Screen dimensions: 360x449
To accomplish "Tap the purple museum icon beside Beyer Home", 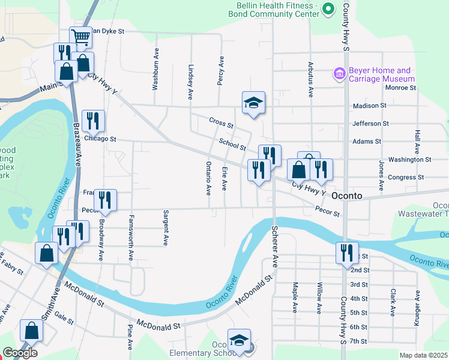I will click(339, 74).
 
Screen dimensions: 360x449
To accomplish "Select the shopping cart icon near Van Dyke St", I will click(80, 37).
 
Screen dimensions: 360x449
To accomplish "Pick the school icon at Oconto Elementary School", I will click(239, 340).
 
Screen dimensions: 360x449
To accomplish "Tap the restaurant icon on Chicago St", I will click(93, 121).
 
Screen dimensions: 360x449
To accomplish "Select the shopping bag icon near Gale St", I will click(31, 330).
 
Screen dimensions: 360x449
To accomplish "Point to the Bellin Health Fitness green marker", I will click(328, 8).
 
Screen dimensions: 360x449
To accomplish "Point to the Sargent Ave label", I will click(165, 228).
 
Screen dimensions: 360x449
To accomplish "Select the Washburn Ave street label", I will click(155, 69).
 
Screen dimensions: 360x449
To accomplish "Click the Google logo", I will click(20, 353).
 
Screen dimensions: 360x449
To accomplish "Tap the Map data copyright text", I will click(424, 355).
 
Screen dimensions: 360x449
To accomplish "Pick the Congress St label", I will click(406, 178).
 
